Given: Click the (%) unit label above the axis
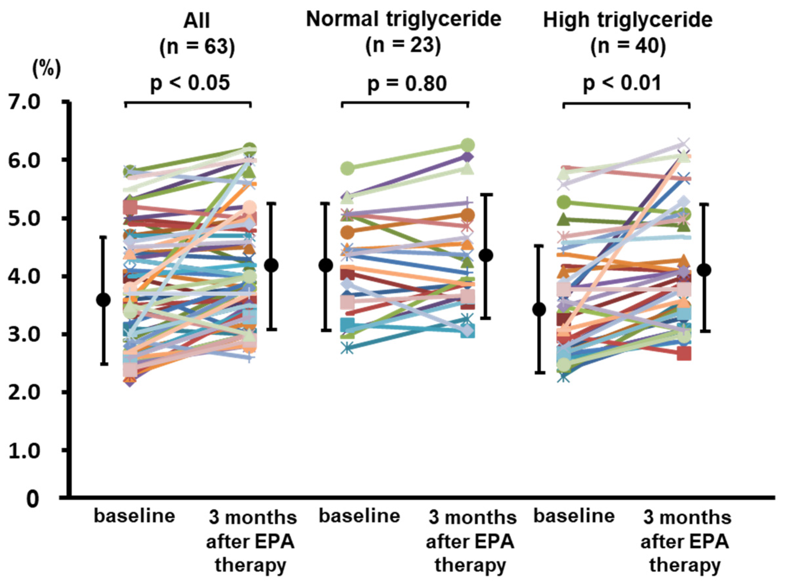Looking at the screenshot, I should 46,69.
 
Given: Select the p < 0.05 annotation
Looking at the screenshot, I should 190,83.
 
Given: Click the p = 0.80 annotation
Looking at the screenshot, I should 407,84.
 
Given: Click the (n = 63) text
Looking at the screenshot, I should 197,47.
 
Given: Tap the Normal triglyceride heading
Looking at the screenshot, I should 404,19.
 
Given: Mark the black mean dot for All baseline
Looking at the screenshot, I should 104,300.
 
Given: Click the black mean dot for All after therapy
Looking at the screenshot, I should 272,265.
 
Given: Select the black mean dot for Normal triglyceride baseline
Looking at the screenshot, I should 326,265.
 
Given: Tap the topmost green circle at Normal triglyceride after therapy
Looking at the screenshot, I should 468,145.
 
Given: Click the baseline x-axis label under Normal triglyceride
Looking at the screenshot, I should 359,516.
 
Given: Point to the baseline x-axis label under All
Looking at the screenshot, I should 134,516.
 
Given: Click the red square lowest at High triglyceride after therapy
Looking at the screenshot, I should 684,354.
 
